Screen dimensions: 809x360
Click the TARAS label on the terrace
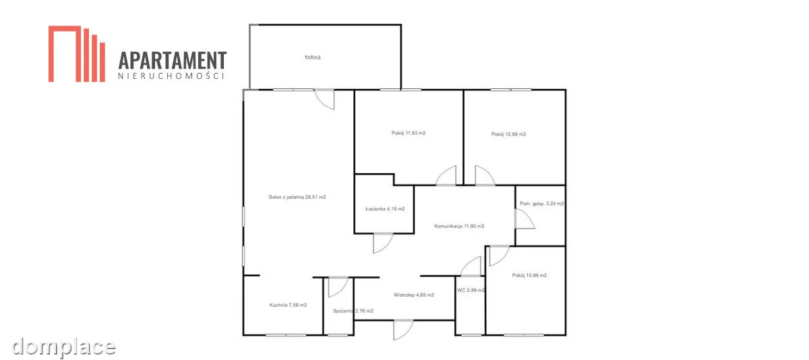coord(312,57)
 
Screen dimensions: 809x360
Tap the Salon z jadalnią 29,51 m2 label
coord(297,197)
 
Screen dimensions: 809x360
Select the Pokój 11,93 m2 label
coord(409,133)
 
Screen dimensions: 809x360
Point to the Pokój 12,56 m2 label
coord(508,134)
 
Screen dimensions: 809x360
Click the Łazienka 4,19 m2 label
coord(385,209)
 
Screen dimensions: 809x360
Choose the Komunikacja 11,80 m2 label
coord(459,226)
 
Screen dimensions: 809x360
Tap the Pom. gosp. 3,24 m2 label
coord(542,204)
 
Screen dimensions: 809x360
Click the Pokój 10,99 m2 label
coord(529,275)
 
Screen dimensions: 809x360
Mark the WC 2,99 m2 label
coord(471,290)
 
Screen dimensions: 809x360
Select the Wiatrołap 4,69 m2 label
coord(413,295)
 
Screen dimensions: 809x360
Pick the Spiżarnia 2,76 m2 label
coord(353,311)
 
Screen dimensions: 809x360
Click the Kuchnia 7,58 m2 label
coord(289,305)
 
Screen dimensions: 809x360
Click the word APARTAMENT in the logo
coord(173,60)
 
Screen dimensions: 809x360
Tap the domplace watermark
coord(63,347)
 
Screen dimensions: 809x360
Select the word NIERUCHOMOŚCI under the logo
coord(171,76)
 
